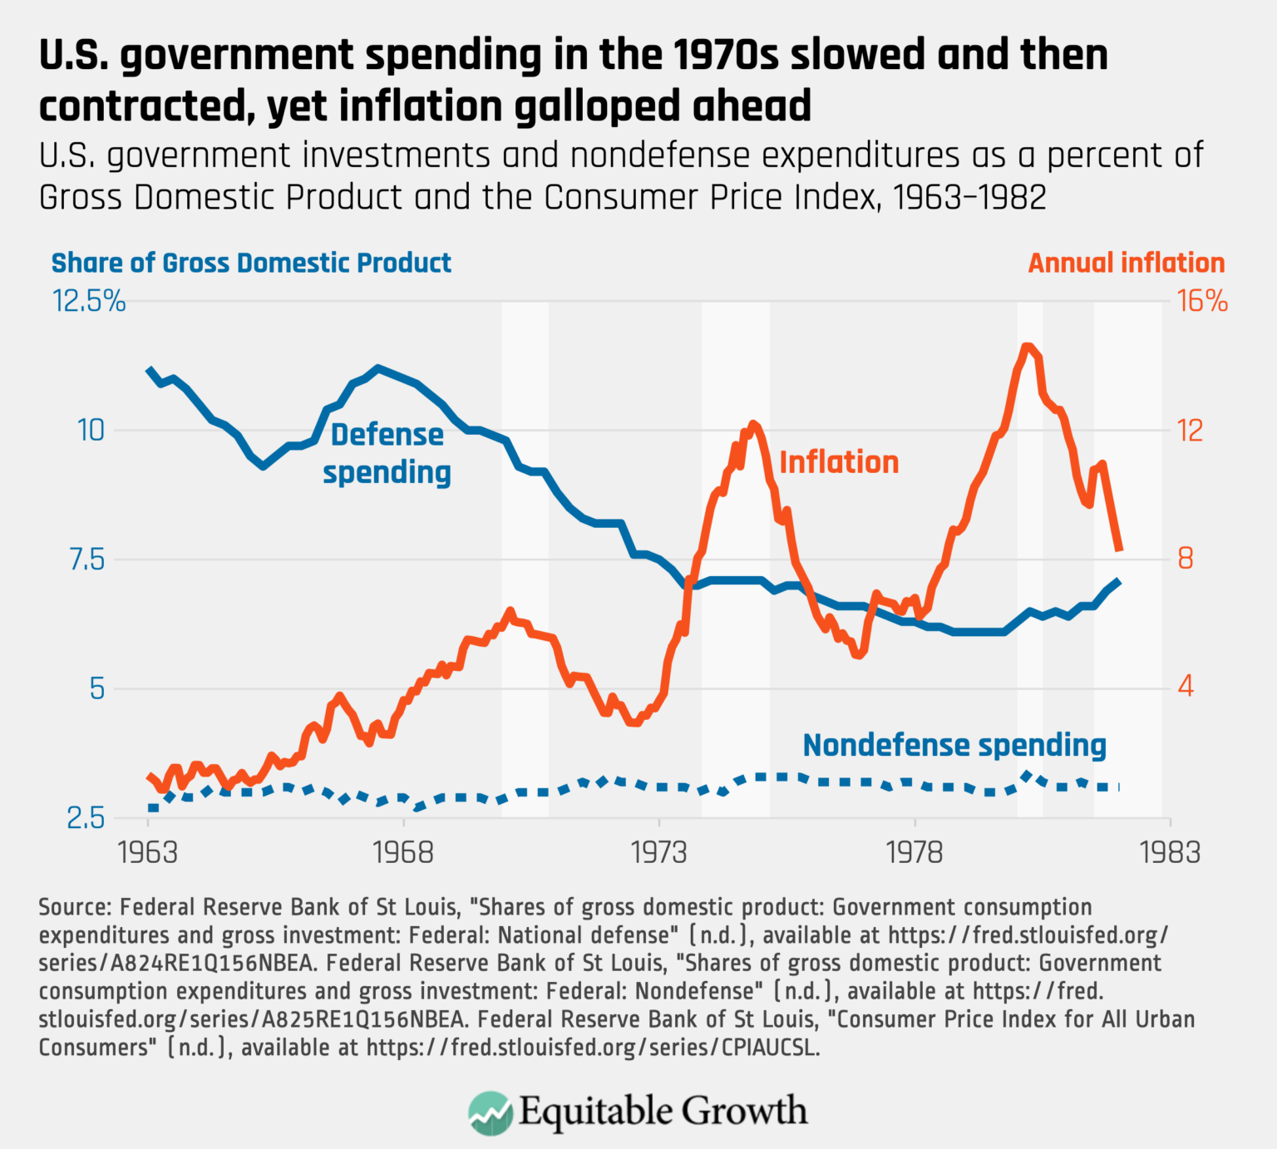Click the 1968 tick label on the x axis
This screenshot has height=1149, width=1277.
(403, 852)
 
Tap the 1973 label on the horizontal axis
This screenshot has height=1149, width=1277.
(658, 852)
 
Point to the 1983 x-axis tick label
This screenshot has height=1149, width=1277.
(1170, 852)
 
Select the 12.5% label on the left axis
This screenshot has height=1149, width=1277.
(89, 301)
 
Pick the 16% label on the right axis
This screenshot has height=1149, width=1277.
(1202, 301)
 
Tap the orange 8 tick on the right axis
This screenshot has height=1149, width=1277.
(1186, 558)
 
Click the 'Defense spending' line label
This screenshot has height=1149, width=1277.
(387, 453)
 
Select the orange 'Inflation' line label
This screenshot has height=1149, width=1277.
(839, 462)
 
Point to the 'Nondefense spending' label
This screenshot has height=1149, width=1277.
(954, 745)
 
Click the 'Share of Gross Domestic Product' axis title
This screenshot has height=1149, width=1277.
(251, 263)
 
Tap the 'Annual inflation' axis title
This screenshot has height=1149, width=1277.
(1126, 263)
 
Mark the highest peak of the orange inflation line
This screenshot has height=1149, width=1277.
(1028, 347)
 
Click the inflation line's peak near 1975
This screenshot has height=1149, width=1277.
(753, 424)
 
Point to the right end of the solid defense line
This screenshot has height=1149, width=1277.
(1119, 582)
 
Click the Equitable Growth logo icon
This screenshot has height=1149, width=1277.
(490, 1112)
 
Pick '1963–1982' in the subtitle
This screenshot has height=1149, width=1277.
(969, 198)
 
